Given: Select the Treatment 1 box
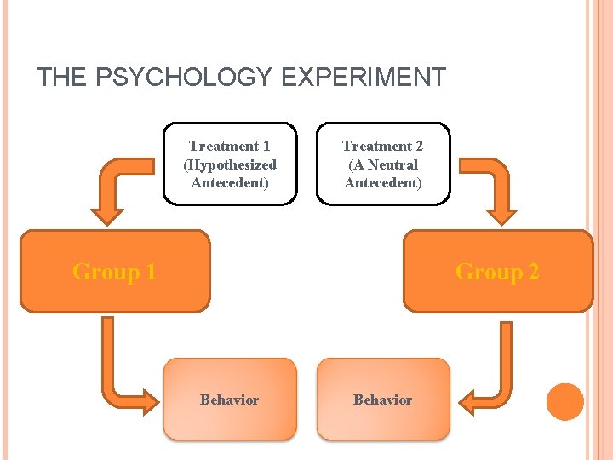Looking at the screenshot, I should tap(230, 164).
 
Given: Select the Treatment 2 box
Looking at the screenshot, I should tap(383, 164).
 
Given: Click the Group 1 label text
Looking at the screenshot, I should tap(114, 272).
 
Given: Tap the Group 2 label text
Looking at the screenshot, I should tap(497, 272).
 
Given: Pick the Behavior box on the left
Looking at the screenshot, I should tap(230, 400).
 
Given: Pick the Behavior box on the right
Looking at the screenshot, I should tap(383, 400).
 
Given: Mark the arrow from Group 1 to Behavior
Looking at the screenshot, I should tap(119, 375).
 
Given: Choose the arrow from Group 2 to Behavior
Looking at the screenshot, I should tap(494, 375).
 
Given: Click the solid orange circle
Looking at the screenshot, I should tap(565, 402).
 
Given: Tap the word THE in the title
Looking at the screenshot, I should tap(61, 78).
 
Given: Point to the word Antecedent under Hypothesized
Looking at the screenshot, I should tap(230, 182).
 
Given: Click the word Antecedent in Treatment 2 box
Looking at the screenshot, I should tap(383, 182).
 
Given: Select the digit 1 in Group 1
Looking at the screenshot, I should tap(150, 272).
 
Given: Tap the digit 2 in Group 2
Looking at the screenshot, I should tap(533, 272).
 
